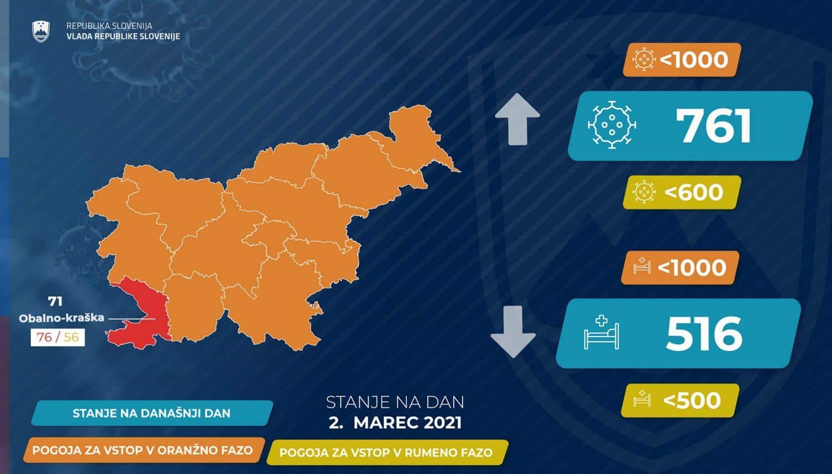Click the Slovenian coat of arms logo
(x=41, y=32)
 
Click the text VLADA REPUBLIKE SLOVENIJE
(x=123, y=37)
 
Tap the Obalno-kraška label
(x=61, y=318)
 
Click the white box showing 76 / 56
(x=58, y=338)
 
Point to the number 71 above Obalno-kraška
(x=55, y=302)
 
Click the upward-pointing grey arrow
(x=517, y=119)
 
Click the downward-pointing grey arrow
(x=513, y=332)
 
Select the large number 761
(x=713, y=126)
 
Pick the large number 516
(x=704, y=333)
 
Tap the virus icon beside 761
(x=611, y=125)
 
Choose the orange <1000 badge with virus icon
(x=682, y=60)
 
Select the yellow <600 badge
(x=682, y=192)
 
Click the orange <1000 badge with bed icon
(x=680, y=268)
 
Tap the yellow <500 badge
(x=680, y=400)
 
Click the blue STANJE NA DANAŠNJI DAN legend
(x=153, y=413)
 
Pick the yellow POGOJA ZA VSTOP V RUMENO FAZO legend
(x=387, y=452)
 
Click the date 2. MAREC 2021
(x=395, y=423)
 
